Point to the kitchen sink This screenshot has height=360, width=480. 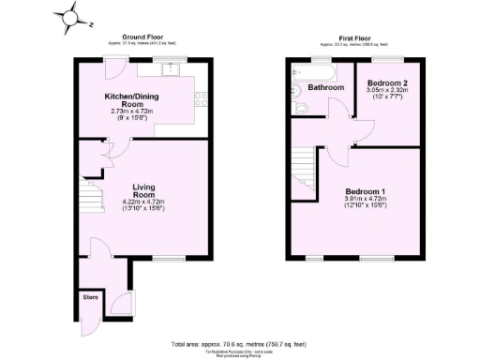[x=167, y=68]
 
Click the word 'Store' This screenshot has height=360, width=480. [x=91, y=297]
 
